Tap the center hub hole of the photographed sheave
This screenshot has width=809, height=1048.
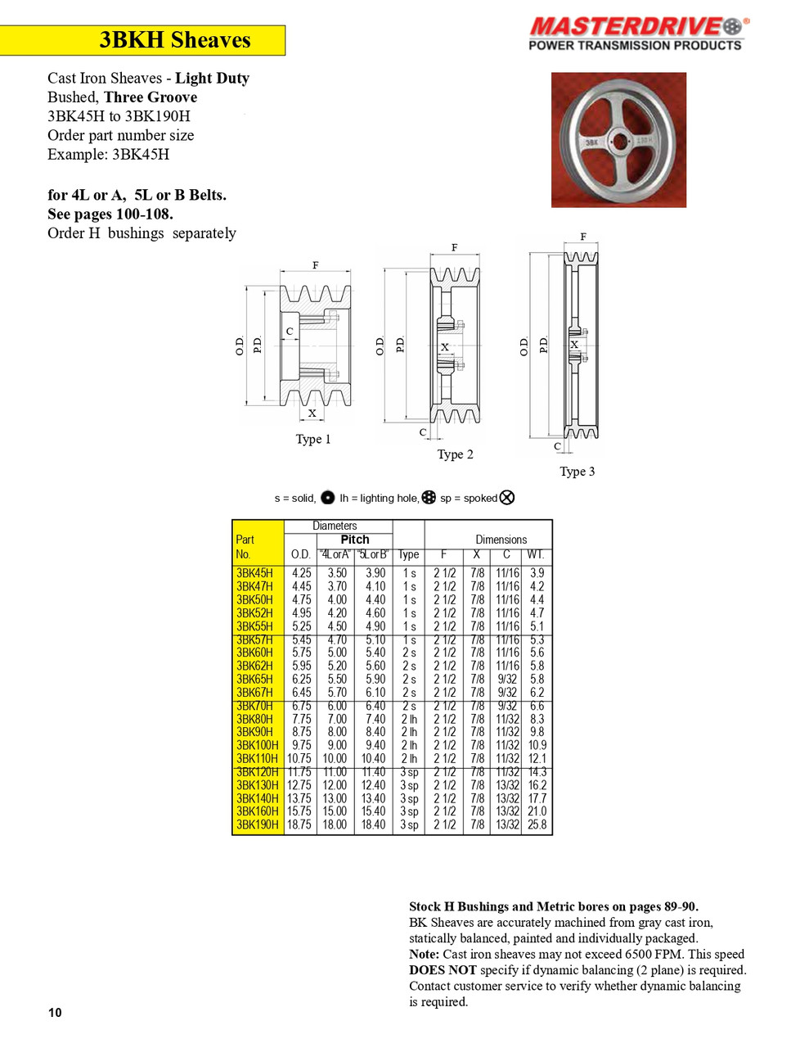[x=618, y=140]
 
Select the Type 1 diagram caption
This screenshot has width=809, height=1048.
[x=313, y=440]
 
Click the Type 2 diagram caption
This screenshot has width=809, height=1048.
[x=455, y=454]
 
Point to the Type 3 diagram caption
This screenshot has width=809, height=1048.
[x=577, y=472]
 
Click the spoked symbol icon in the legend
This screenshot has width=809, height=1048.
[x=507, y=498]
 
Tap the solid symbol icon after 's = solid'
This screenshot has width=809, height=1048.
[x=327, y=498]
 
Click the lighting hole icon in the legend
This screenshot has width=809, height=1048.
[x=429, y=498]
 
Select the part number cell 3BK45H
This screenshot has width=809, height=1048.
[x=254, y=573]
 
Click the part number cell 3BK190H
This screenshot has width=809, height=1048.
[x=257, y=824]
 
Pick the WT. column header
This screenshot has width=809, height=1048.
[x=537, y=554]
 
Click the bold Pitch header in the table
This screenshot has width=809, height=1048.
[x=354, y=540]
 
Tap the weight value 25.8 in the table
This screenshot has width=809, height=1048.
[x=537, y=824]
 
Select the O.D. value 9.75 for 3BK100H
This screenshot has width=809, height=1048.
[x=301, y=745]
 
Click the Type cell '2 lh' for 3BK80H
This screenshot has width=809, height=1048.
[x=409, y=719]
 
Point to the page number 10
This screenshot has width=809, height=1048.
[x=55, y=1013]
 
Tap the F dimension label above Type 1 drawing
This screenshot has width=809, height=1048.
[x=315, y=265]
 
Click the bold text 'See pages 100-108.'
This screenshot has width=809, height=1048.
[x=110, y=214]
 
